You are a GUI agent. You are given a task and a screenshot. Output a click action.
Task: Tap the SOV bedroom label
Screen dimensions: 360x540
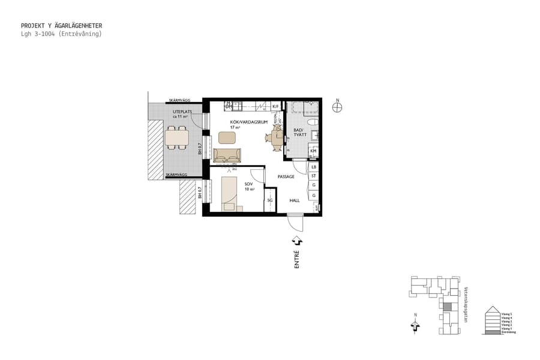click(248, 184)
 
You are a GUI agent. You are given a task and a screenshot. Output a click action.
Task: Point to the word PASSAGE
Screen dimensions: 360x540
click(286, 177)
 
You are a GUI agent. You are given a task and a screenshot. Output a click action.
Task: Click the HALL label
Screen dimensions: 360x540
click(295, 200)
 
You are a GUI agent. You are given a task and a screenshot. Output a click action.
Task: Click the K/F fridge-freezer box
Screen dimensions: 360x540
click(275, 107)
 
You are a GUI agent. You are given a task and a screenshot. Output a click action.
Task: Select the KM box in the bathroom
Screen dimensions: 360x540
click(313, 151)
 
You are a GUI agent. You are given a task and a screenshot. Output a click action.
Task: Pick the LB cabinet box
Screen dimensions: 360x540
click(313, 167)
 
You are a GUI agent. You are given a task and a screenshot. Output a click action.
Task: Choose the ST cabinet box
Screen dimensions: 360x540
click(313, 176)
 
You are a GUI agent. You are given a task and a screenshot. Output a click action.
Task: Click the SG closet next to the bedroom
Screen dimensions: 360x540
click(270, 200)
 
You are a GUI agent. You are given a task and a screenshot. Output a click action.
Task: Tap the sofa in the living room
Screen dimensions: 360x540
click(227, 156)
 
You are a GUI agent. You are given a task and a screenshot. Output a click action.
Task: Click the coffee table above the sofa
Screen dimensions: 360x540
click(227, 138)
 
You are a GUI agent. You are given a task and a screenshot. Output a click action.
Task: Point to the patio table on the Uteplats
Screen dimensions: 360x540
click(176, 138)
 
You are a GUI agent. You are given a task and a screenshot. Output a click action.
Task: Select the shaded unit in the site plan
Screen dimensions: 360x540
click(447, 306)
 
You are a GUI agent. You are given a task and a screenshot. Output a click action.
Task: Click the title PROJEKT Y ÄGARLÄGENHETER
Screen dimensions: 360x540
click(61, 26)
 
